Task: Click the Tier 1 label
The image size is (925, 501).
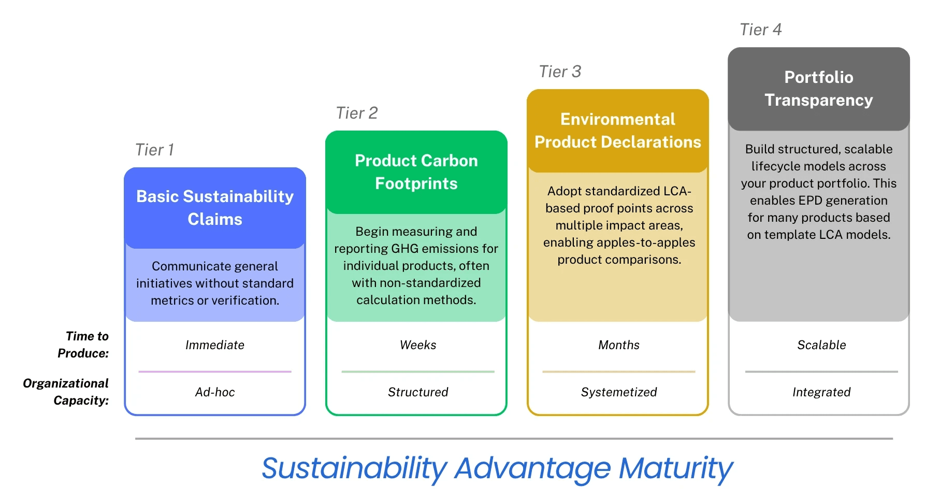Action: tap(154, 150)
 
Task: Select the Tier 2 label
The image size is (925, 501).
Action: tap(357, 113)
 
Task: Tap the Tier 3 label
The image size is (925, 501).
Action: tap(560, 71)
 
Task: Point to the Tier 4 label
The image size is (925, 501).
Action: tap(760, 30)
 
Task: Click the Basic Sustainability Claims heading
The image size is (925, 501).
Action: tap(215, 208)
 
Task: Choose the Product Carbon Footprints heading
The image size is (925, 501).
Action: tap(416, 172)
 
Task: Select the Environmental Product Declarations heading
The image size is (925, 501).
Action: tap(618, 131)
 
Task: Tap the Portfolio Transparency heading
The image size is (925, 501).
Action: tap(819, 89)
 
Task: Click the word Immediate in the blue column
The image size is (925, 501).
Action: tap(215, 345)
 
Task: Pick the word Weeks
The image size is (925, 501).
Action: tap(418, 345)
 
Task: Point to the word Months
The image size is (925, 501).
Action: tap(619, 345)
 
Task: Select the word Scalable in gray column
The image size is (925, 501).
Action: tap(821, 345)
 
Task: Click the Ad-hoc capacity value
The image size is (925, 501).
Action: tap(215, 392)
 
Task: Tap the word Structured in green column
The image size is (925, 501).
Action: tap(418, 392)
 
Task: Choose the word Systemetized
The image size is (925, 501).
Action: tap(619, 392)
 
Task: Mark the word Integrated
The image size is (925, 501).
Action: tap(821, 392)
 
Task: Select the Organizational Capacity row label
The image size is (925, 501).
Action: tap(66, 392)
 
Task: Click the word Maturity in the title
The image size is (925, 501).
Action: tap(676, 468)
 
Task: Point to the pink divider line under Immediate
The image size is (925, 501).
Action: tap(215, 371)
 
